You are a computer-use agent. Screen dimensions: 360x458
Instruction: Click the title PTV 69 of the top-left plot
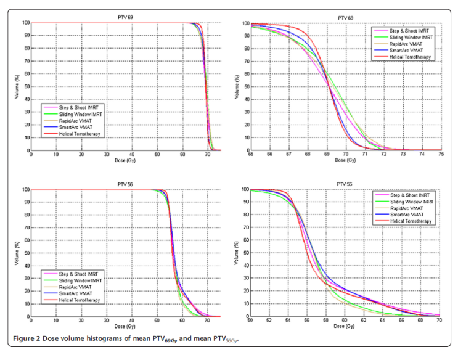point(126,17)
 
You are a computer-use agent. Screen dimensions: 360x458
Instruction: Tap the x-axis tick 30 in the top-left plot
point(107,155)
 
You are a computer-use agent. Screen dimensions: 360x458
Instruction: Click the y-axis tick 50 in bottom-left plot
point(25,253)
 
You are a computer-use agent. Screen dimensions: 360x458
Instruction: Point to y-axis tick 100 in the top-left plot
point(23,23)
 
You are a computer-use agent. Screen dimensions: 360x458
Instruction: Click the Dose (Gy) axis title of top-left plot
point(126,160)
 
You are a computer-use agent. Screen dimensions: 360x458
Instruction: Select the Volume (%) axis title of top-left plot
point(16,86)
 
